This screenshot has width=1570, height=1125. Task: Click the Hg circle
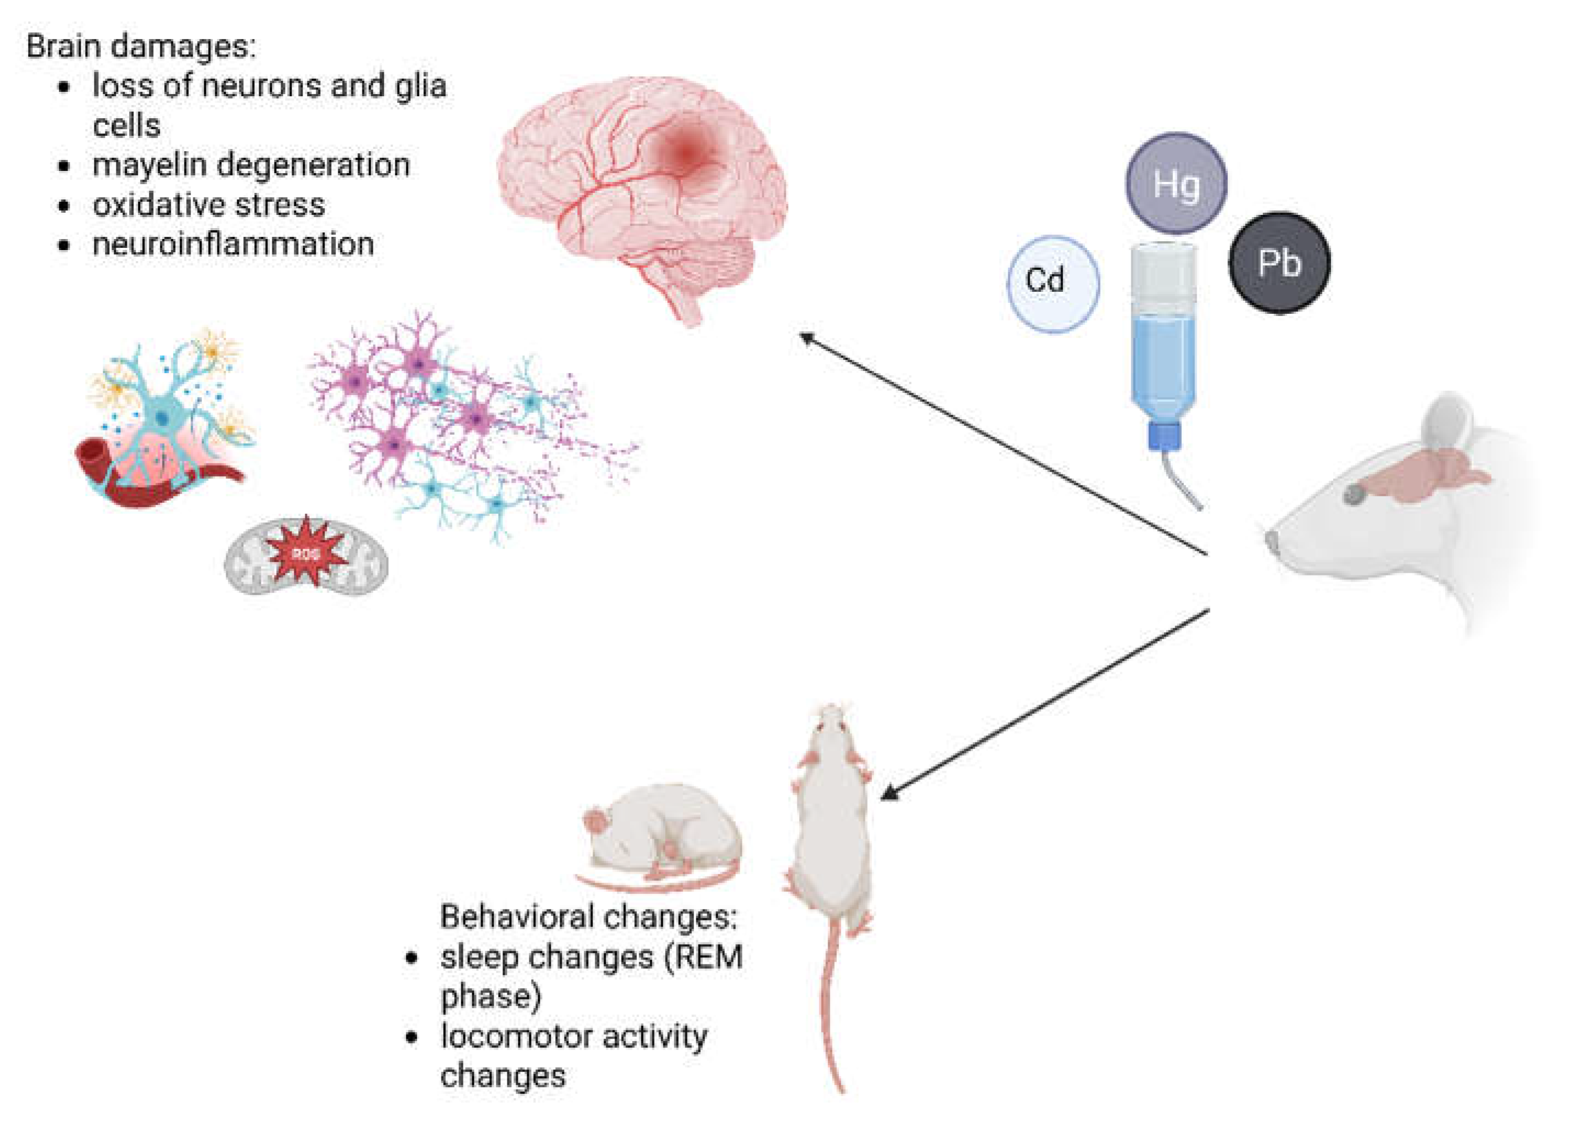1176,184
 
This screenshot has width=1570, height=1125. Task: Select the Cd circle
1053,284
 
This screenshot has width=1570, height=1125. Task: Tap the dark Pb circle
1280,263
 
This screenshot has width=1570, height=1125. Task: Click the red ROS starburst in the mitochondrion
306,553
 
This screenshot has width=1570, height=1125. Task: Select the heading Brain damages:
141,46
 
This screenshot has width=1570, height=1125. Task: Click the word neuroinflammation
233,244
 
